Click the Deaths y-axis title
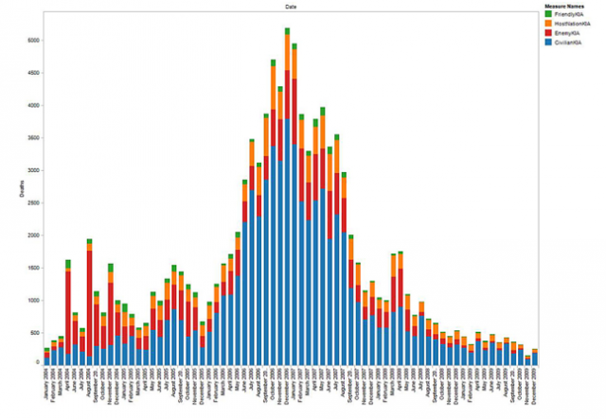point(21,193)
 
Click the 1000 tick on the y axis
point(30,300)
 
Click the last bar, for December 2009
point(534,358)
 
